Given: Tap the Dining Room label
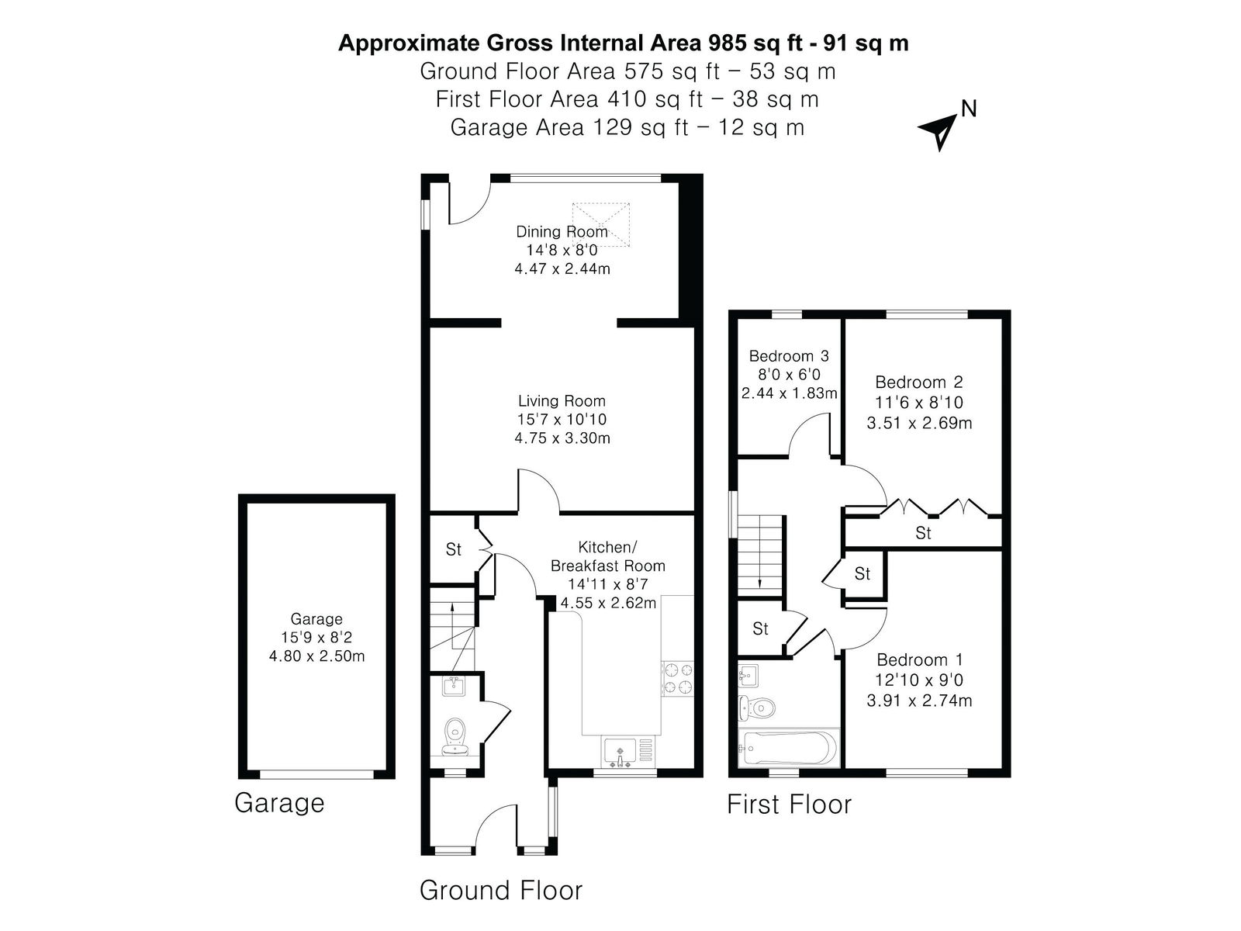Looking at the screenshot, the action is coord(562,231).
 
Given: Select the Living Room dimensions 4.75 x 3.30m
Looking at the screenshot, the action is coord(562,438).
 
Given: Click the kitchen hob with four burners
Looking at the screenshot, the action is coord(678,679).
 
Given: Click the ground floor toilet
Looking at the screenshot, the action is coord(455,735).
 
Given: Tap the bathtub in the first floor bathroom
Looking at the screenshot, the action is coord(787,748).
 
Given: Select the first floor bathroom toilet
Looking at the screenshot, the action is coord(756,707).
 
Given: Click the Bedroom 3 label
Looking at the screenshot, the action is coord(789,356).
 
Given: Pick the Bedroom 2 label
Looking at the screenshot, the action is coord(919,382).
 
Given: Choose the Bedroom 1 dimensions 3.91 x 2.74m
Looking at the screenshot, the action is coord(919,701).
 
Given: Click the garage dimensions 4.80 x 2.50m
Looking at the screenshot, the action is coord(316,656).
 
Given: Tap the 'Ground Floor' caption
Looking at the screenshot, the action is coord(501,891).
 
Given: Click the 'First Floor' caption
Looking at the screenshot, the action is coord(789,805).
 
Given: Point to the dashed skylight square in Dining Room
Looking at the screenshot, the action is coord(600,225).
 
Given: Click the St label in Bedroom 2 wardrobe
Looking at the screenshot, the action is coord(923,533).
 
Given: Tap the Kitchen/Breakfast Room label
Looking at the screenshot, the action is coord(608,557).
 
